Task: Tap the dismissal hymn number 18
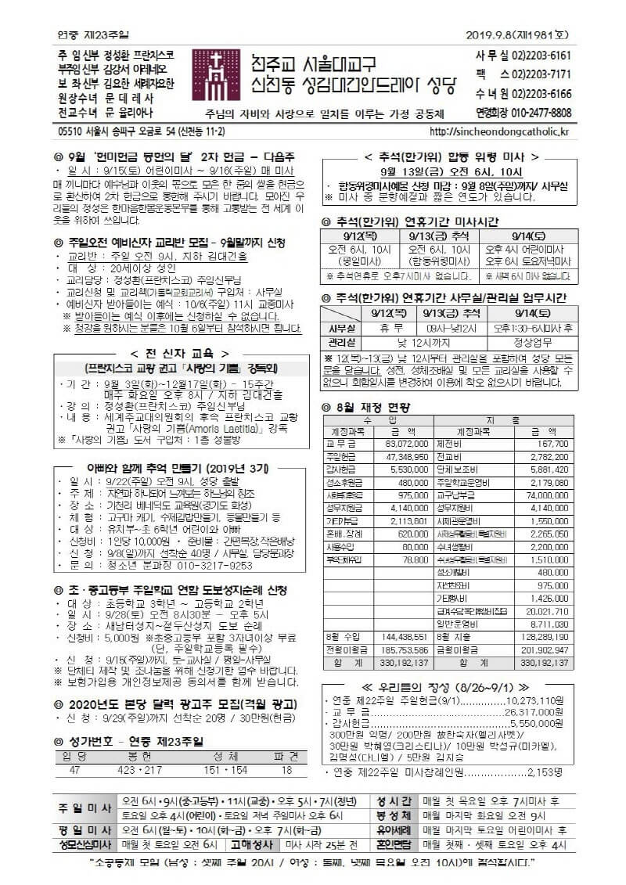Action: [286, 770]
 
